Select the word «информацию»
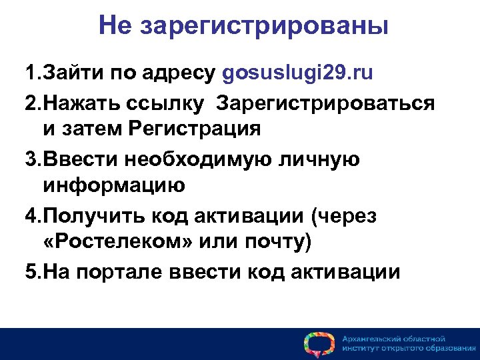pyautogui.click(x=113, y=184)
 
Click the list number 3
pyautogui.click(x=31, y=160)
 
